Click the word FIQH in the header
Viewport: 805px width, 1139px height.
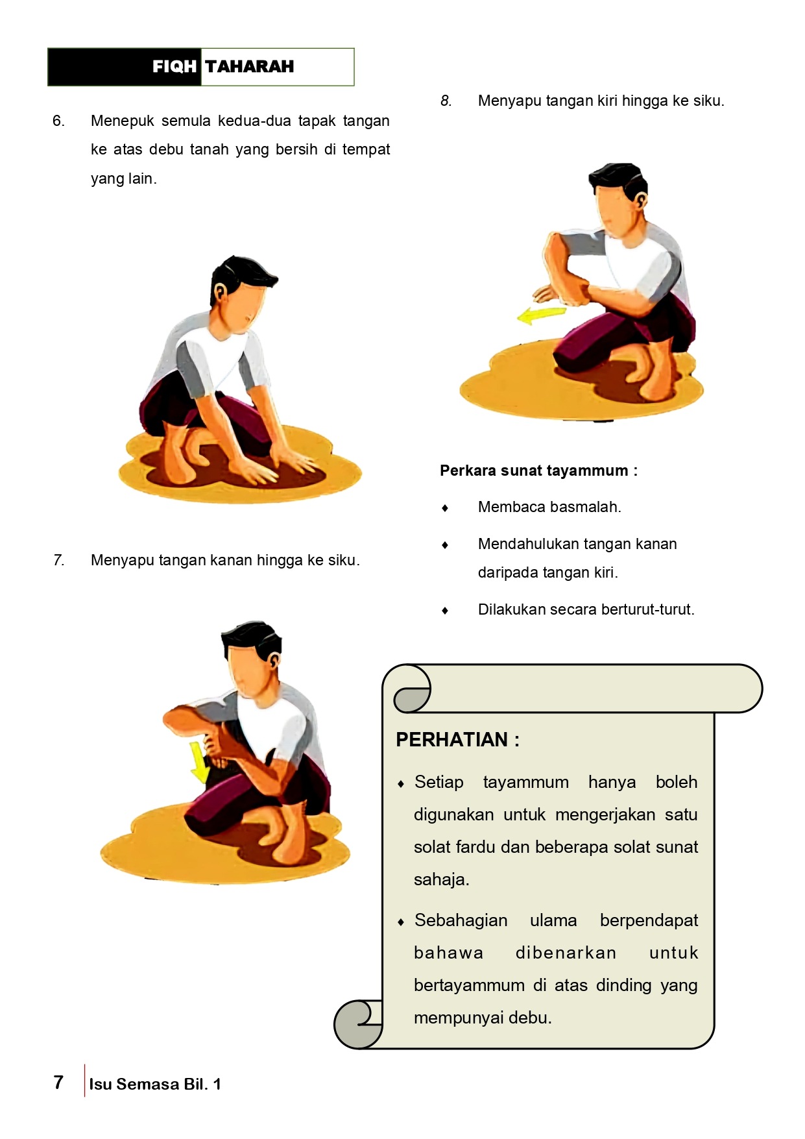coord(174,66)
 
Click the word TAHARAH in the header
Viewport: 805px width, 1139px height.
coord(250,66)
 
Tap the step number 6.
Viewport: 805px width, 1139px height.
coord(58,121)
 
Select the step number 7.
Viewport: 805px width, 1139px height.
coord(58,560)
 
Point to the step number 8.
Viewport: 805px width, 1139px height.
coord(446,101)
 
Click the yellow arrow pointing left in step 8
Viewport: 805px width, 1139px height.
coord(541,315)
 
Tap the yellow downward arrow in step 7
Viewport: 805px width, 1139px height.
coord(199,763)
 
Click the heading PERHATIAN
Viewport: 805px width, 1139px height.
coord(457,739)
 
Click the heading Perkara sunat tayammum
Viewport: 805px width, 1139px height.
coord(538,471)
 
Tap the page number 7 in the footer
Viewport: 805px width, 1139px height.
coord(58,1082)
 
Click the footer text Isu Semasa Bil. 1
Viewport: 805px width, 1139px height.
coord(155,1084)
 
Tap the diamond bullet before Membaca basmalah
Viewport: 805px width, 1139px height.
coord(445,508)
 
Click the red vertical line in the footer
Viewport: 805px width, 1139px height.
coord(84,1081)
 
